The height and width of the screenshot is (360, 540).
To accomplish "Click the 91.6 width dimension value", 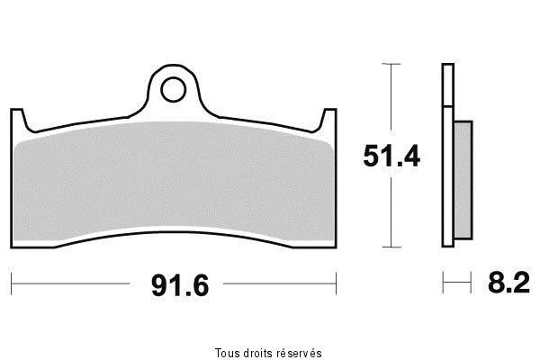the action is pos(180,285).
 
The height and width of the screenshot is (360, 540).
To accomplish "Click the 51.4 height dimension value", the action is pos(391,156).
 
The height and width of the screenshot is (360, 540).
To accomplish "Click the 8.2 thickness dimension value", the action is pos(508,283).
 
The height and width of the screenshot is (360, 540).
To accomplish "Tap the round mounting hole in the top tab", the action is pos(173,90).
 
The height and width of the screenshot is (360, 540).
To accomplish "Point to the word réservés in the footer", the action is pos(300,353).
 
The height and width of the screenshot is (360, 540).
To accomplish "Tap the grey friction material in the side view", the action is pos(463,180).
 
